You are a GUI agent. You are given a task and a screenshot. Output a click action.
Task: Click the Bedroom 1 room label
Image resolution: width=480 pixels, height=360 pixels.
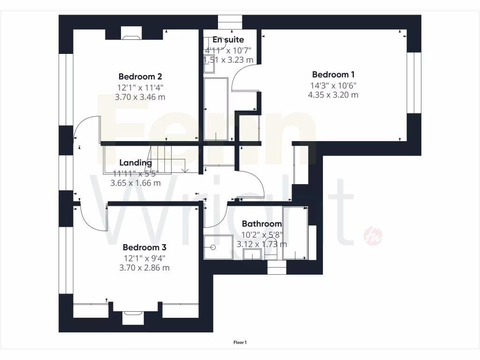tap(333, 75)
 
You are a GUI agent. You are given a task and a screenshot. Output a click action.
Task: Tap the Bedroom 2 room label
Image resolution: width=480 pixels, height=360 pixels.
tap(140, 76)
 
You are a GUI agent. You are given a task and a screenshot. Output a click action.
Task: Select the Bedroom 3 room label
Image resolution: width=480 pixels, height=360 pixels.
tap(144, 247)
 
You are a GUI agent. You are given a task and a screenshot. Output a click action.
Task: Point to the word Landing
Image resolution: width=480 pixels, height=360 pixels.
tap(135, 163)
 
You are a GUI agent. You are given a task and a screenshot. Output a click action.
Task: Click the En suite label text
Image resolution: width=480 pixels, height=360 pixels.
tap(228, 40)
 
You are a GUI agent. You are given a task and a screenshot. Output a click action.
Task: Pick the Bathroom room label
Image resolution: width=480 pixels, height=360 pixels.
tap(262, 224)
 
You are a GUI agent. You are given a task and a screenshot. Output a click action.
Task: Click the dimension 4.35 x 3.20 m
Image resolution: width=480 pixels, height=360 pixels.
tap(333, 95)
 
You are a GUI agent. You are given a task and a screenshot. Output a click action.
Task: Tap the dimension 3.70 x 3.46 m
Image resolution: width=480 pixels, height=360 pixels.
tap(140, 97)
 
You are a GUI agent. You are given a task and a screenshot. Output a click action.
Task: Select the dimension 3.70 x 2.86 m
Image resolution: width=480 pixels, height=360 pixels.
tap(144, 268)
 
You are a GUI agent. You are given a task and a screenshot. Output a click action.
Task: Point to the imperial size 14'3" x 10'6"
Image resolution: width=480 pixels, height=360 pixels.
tap(333, 85)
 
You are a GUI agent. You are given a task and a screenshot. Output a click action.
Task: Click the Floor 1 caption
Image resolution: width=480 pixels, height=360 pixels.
tap(240, 343)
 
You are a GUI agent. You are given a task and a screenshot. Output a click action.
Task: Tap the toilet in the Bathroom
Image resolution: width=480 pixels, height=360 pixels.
tap(271, 254)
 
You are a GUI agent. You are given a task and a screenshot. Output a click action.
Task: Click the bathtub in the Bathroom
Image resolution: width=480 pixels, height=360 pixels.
tap(295, 232)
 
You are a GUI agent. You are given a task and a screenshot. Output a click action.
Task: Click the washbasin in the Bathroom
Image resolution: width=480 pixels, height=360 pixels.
tap(253, 255)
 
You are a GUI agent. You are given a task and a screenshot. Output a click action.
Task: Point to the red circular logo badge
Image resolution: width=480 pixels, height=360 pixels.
tap(374, 235)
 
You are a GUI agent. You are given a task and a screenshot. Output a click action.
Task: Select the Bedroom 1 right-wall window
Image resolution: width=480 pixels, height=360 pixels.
tap(414, 82)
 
